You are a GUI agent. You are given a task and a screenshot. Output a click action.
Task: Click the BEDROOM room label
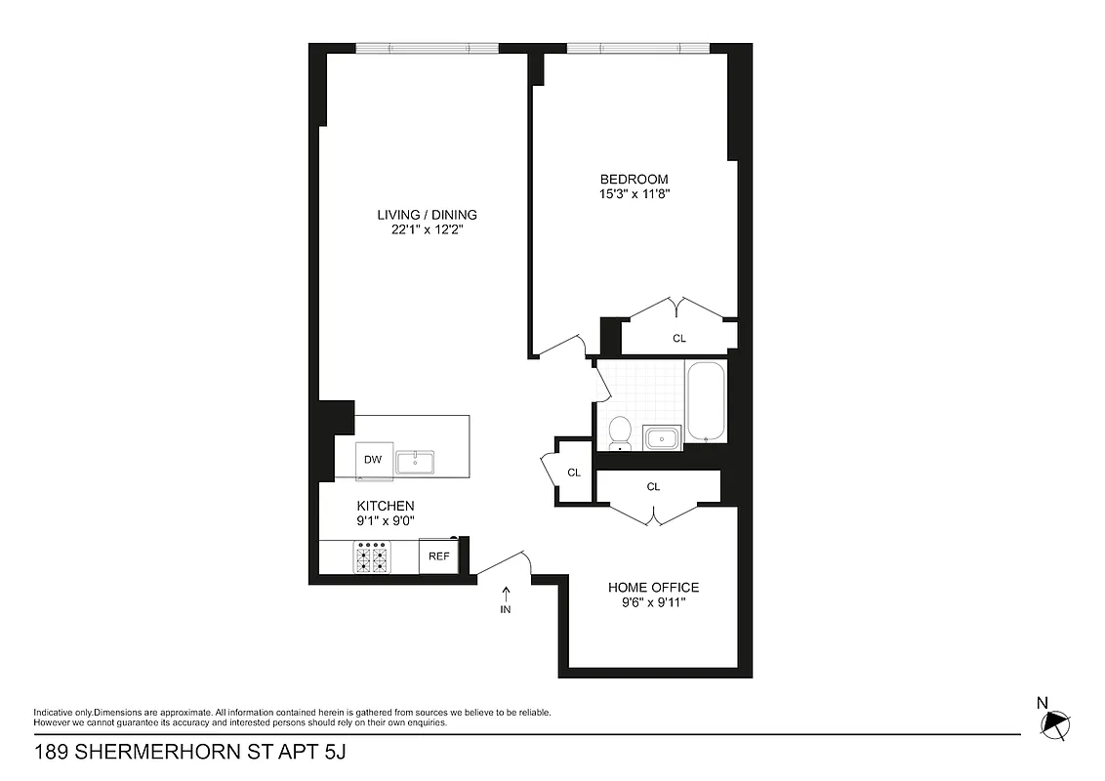coord(634,179)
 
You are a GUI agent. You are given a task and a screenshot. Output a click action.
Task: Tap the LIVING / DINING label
coord(428,215)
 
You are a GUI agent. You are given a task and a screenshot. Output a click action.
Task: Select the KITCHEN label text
coord(386,506)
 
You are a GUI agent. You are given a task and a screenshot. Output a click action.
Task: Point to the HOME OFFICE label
coord(653,587)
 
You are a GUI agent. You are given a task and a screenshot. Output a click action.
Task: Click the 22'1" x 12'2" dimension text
coord(428,230)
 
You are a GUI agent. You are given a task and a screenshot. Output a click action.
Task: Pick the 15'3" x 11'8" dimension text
coord(634,193)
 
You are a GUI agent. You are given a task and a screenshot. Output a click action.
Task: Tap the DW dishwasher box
coord(373,460)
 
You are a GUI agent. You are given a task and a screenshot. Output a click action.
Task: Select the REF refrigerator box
coord(439,556)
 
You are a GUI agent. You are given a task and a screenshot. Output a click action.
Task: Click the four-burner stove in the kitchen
coord(371,557)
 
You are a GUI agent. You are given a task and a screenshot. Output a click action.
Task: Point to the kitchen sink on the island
coord(415,459)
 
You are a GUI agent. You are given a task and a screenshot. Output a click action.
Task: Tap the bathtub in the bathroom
coord(706,402)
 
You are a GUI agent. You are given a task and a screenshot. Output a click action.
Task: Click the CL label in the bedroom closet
coord(679,339)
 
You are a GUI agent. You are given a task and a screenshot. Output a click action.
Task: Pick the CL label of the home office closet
coord(653,486)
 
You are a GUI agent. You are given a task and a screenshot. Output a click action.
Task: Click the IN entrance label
coord(506,609)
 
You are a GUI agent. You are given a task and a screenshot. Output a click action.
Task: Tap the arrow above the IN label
coord(506,592)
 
